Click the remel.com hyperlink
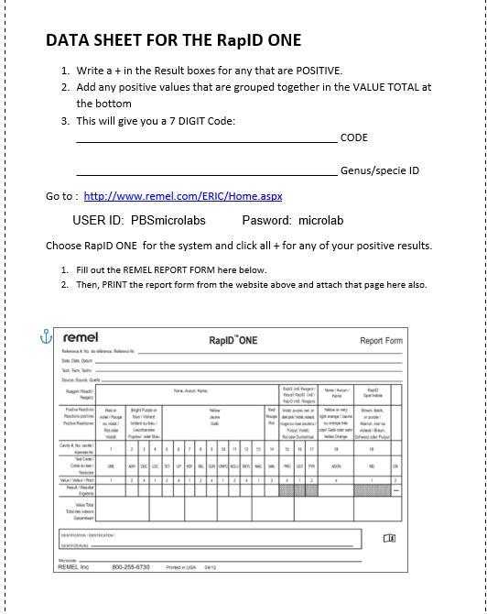pyautogui.click(x=183, y=196)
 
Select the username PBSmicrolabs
pyautogui.click(x=168, y=221)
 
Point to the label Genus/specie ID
pyautogui.click(x=380, y=170)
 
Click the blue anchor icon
pyautogui.click(x=46, y=337)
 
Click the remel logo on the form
pyautogui.click(x=81, y=338)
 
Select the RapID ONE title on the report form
pyautogui.click(x=233, y=340)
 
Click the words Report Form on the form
pyautogui.click(x=380, y=341)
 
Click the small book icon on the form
pyautogui.click(x=389, y=539)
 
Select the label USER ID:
pyautogui.click(x=98, y=221)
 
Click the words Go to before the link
pyautogui.click(x=61, y=196)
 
